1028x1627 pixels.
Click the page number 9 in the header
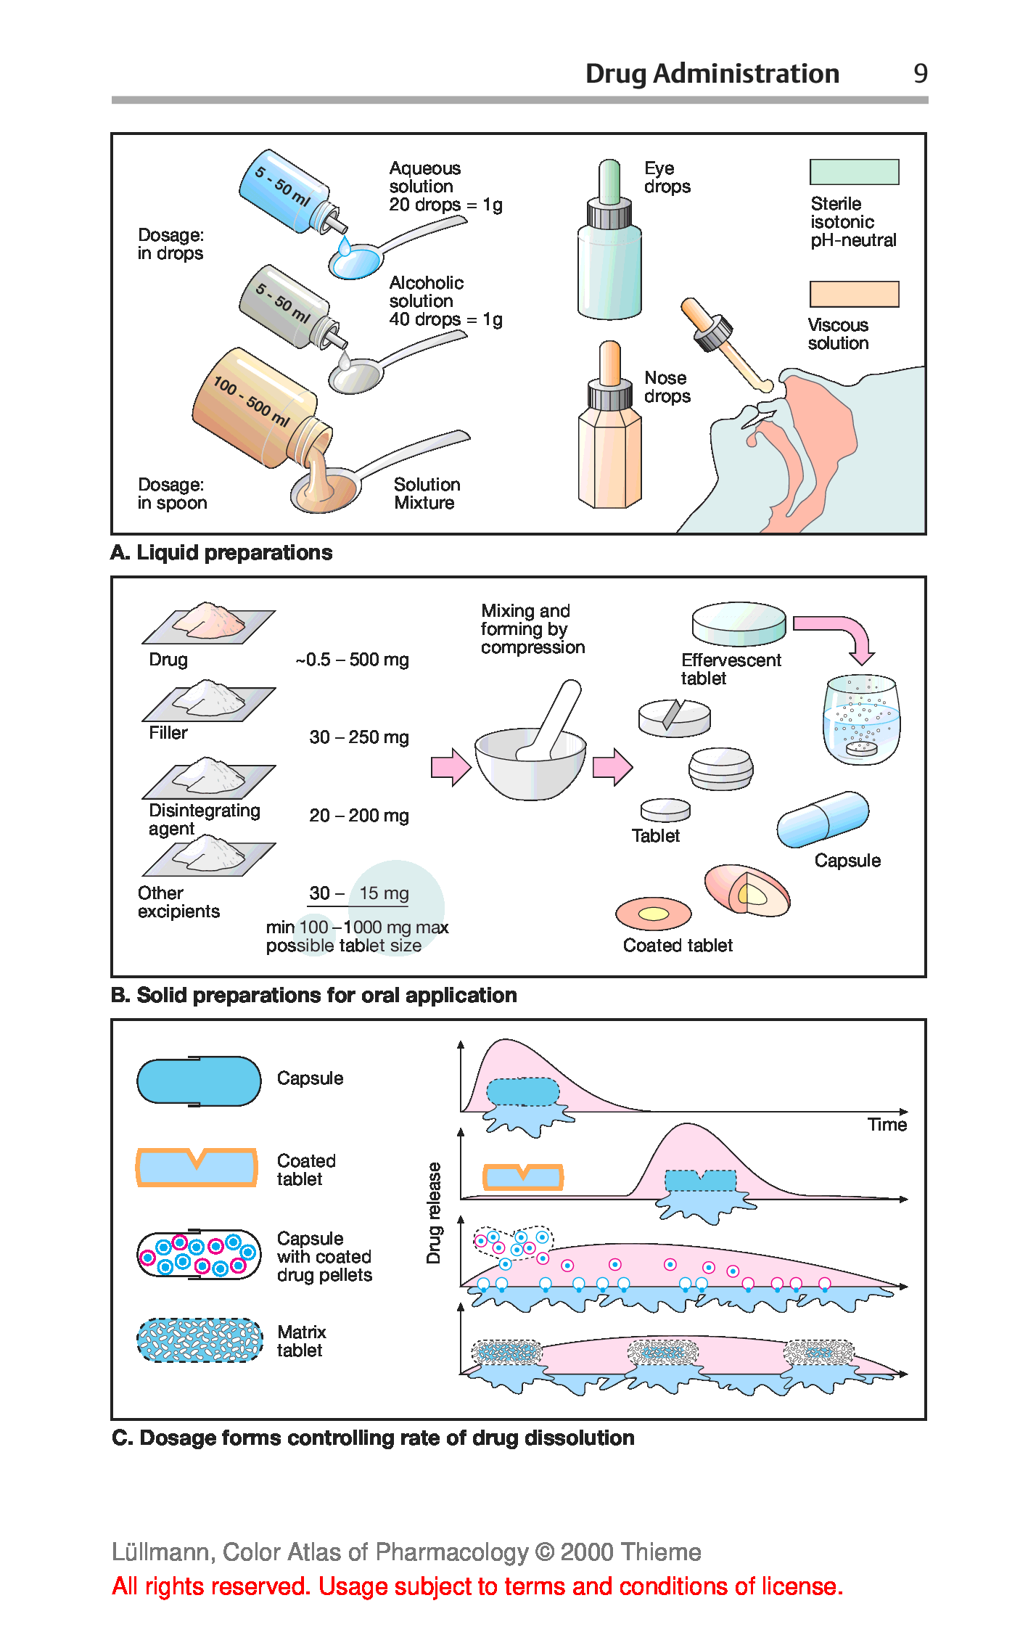click(x=920, y=73)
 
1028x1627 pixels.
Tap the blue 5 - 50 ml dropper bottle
click(x=284, y=192)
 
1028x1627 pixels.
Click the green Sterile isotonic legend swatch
click(x=854, y=172)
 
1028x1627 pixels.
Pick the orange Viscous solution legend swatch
click(x=854, y=294)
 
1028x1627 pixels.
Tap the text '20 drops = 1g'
click(x=445, y=205)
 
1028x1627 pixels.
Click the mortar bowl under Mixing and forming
click(x=530, y=769)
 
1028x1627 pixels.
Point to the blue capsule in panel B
click(x=823, y=819)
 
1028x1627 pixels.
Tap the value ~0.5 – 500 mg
click(x=353, y=660)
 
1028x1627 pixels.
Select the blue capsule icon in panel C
click(x=199, y=1081)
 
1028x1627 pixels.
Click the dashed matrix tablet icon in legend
click(x=200, y=1340)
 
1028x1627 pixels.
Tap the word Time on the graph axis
click(x=887, y=1124)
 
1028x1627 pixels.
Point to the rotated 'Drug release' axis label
click(x=434, y=1213)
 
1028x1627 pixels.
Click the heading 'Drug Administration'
click(x=712, y=73)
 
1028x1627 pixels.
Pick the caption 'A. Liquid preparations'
click(x=221, y=553)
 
